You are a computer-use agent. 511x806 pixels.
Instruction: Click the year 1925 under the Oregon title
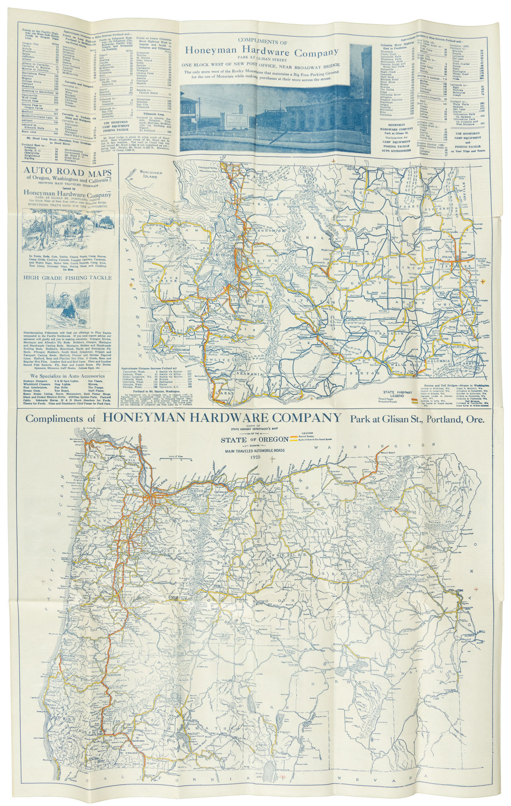[254, 458]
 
